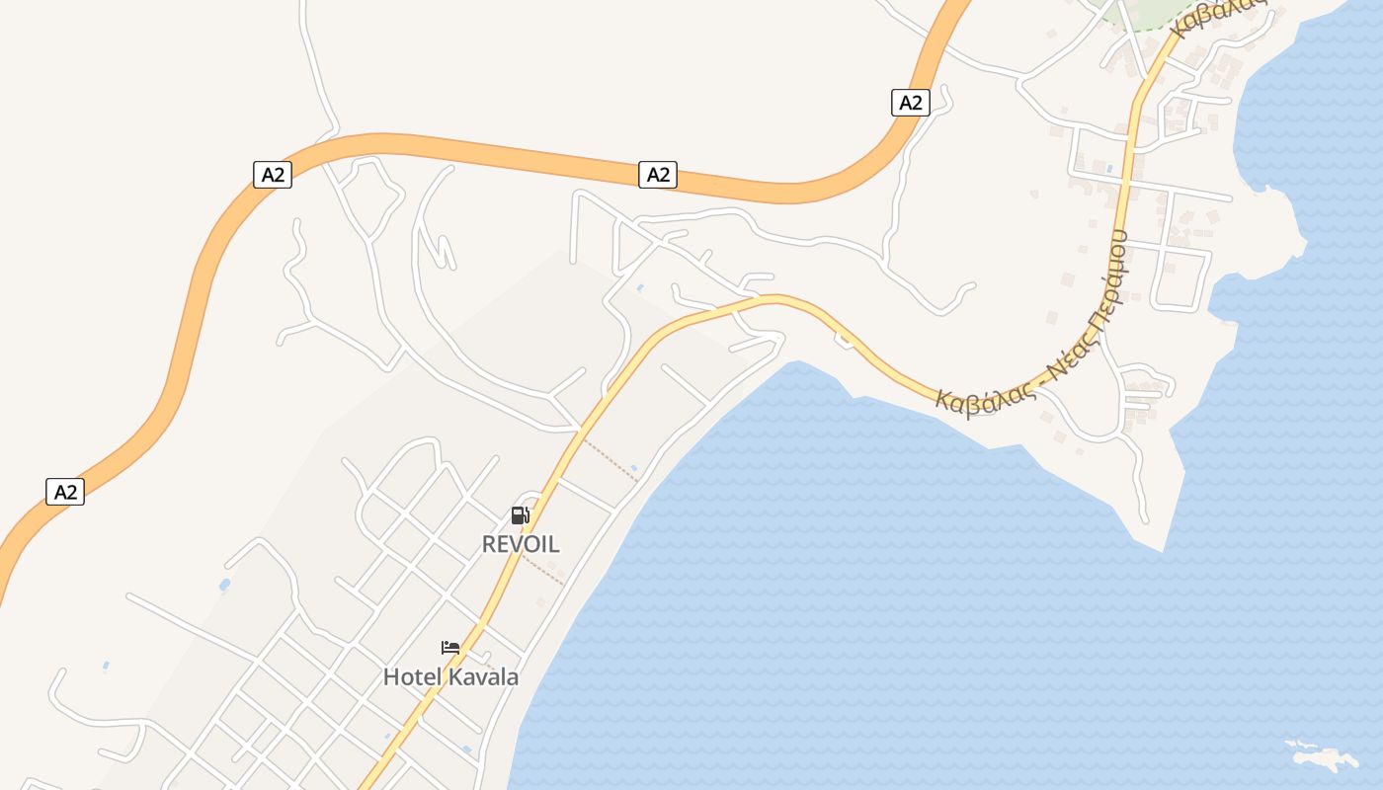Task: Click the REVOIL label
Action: tap(521, 544)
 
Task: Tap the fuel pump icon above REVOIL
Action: tap(521, 514)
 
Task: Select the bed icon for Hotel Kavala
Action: tap(450, 648)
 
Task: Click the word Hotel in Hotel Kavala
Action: tap(413, 677)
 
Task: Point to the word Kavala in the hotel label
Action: tap(483, 677)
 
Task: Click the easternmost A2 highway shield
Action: tap(911, 103)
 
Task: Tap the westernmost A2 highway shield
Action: tap(65, 492)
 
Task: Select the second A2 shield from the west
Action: tap(273, 176)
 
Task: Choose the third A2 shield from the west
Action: tap(658, 176)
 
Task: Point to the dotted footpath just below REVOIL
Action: tap(543, 571)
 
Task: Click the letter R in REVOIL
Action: tap(488, 544)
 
